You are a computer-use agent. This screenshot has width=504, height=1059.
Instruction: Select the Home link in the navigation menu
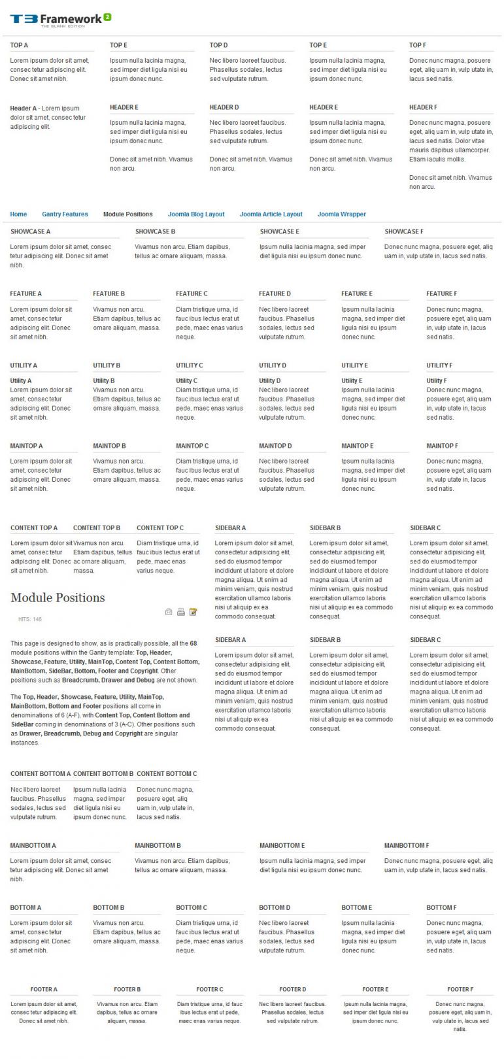(18, 214)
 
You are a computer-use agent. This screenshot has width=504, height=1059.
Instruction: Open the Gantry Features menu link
(65, 214)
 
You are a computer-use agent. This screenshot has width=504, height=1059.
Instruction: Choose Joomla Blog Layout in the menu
(196, 214)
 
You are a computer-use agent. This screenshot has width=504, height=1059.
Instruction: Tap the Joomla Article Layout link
(271, 214)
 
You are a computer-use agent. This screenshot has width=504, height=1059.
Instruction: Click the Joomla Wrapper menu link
(341, 214)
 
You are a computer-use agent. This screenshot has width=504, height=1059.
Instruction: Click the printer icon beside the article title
(181, 612)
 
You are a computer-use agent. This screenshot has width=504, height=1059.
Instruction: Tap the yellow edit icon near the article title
(193, 612)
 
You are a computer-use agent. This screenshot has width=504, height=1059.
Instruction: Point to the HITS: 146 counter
(30, 619)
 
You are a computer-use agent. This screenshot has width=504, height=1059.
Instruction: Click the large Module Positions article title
(58, 597)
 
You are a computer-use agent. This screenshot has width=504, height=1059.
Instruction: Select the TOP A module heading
(19, 45)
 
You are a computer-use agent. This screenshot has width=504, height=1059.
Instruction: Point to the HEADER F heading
(423, 107)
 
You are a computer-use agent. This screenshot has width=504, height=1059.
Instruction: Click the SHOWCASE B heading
(155, 231)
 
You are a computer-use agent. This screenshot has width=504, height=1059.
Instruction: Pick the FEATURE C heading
(192, 294)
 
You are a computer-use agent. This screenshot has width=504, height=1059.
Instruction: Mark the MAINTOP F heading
(442, 446)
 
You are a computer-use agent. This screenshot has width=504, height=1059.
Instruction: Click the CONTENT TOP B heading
(97, 528)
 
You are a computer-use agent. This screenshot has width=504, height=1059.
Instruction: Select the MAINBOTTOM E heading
(282, 845)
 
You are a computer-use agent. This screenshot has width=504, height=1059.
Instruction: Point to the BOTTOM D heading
(275, 907)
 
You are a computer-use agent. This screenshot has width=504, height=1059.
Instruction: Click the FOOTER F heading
(460, 989)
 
